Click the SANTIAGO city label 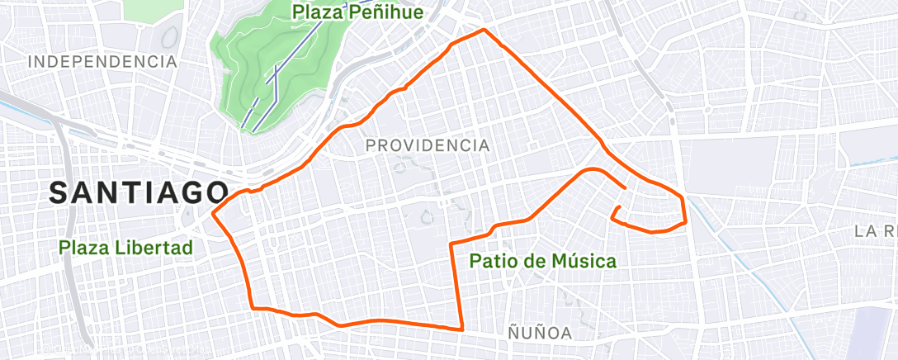click(138, 192)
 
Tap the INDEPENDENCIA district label click(102, 61)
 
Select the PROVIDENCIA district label click(427, 145)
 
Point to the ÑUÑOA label click(540, 333)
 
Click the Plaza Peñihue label click(358, 12)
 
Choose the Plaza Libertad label click(125, 247)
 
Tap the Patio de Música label click(542, 262)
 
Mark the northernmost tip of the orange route click(484, 30)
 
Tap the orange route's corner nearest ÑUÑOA click(461, 329)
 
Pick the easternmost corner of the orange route click(686, 221)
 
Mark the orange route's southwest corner click(253, 308)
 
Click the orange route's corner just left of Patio click(451, 244)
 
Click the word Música click(584, 262)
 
